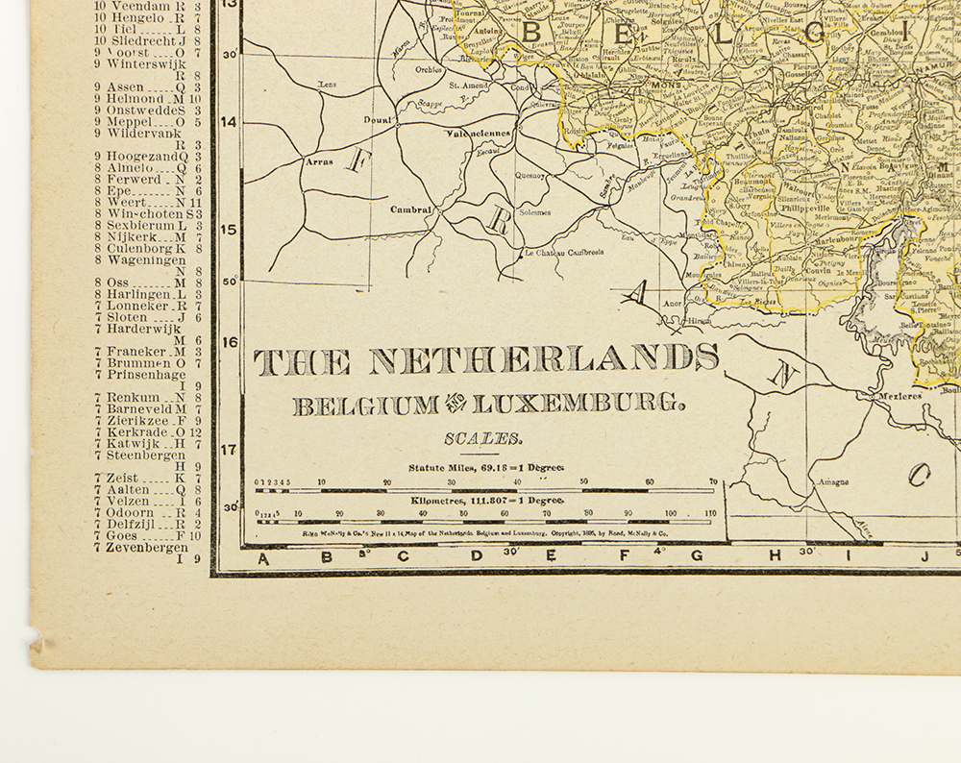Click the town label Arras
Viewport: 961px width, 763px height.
pyautogui.click(x=319, y=161)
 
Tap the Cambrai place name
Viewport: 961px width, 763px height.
pyautogui.click(x=410, y=209)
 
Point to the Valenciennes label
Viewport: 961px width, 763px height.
pyautogui.click(x=477, y=135)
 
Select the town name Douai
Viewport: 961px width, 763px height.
pyautogui.click(x=376, y=119)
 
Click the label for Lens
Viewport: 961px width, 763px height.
pyautogui.click(x=328, y=85)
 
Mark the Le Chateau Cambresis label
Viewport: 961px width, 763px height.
pyautogui.click(x=564, y=253)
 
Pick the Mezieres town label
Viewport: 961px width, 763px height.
pyautogui.click(x=899, y=395)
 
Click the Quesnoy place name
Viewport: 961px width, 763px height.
pyautogui.click(x=530, y=176)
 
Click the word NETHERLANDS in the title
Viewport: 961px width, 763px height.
pyautogui.click(x=544, y=360)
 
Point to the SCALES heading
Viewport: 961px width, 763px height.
pyautogui.click(x=483, y=439)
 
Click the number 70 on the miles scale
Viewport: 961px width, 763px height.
pyautogui.click(x=713, y=481)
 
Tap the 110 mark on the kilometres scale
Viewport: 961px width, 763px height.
pyautogui.click(x=711, y=514)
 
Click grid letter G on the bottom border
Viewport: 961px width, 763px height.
pyautogui.click(x=697, y=555)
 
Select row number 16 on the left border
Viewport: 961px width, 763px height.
pyautogui.click(x=229, y=341)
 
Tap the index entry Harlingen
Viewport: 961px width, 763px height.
pyautogui.click(x=140, y=294)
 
